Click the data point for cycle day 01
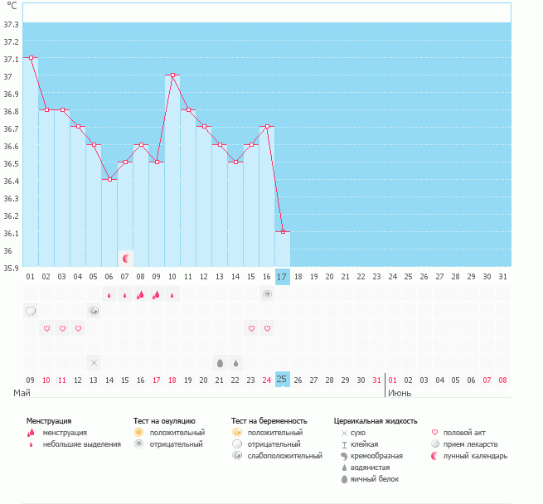pyautogui.click(x=31, y=58)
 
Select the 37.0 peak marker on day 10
pyautogui.click(x=172, y=75)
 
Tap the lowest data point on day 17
pyautogui.click(x=283, y=231)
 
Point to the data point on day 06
pyautogui.click(x=109, y=179)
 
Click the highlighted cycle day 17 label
pyautogui.click(x=283, y=277)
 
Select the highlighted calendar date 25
pyautogui.click(x=283, y=380)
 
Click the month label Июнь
pyautogui.click(x=399, y=393)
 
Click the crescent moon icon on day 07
pyautogui.click(x=126, y=259)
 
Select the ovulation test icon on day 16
pyautogui.click(x=267, y=294)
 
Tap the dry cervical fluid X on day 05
pyautogui.click(x=94, y=362)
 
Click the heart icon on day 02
pyautogui.click(x=46, y=328)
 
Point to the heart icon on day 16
pyautogui.click(x=267, y=328)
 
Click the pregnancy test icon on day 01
pyautogui.click(x=31, y=312)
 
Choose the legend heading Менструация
pyautogui.click(x=49, y=421)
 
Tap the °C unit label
pyautogui.click(x=12, y=7)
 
